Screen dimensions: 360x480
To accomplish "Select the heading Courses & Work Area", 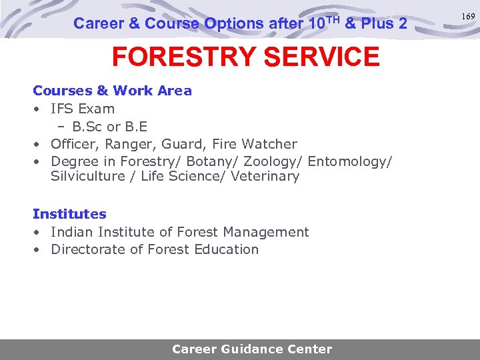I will [112, 91].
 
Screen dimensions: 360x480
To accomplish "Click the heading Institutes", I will [69, 214].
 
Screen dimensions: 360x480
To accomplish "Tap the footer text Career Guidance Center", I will [251, 349].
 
